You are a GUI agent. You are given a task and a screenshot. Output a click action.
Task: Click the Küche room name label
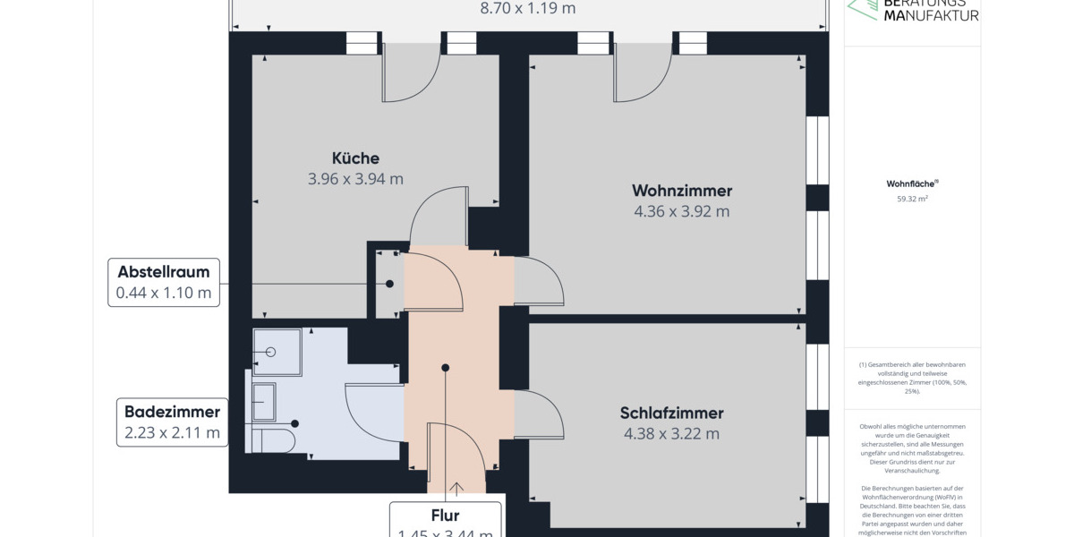click(x=355, y=158)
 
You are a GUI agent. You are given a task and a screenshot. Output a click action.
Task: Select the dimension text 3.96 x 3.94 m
click(x=355, y=178)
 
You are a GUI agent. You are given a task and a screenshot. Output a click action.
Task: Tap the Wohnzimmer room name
click(x=682, y=191)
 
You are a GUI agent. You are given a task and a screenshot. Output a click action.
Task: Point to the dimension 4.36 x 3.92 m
click(x=682, y=211)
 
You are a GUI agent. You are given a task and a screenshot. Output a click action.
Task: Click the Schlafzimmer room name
click(x=671, y=413)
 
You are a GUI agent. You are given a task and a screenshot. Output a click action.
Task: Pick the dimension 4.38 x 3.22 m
click(x=671, y=434)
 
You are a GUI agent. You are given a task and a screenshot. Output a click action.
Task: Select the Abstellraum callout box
click(x=164, y=283)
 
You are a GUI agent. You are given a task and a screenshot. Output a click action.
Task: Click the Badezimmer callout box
click(x=172, y=422)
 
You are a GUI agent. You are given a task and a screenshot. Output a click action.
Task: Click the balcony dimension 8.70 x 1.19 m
click(x=528, y=9)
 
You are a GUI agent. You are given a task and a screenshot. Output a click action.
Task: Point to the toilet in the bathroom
click(x=273, y=441)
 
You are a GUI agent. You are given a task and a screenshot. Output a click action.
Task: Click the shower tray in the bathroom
click(x=271, y=352)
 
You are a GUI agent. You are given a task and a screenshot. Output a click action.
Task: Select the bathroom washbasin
click(x=263, y=401)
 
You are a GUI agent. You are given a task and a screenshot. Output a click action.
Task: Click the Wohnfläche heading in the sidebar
click(x=912, y=183)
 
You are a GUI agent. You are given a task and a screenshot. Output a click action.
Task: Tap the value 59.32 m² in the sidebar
click(x=912, y=199)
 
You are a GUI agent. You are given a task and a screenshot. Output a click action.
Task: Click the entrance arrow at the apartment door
click(x=457, y=488)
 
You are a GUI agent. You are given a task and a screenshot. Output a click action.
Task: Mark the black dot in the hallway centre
click(x=445, y=367)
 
